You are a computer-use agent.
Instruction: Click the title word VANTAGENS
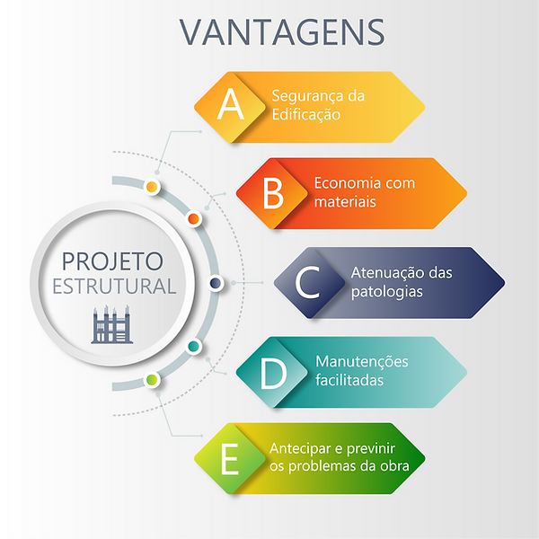point(282,31)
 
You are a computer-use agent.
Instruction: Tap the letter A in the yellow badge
point(231,106)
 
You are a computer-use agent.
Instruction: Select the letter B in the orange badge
point(273,193)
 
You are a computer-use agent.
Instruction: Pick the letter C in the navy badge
point(308,283)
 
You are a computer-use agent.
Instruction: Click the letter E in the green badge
point(231,459)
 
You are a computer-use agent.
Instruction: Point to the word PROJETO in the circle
point(112,261)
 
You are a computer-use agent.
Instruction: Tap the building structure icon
point(111,324)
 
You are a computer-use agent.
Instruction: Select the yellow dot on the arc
point(152,187)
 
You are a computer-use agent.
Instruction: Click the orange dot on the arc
point(192,218)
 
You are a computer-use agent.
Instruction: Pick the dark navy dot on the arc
point(216,283)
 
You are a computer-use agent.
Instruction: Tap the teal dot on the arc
point(192,346)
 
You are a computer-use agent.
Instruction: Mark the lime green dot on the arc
point(152,380)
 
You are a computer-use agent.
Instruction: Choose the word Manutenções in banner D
point(361,362)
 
